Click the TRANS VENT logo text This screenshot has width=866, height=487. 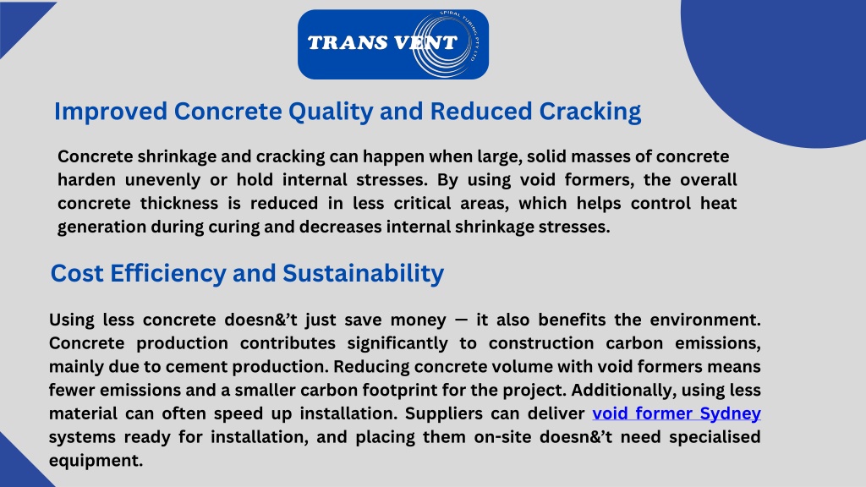pyautogui.click(x=382, y=42)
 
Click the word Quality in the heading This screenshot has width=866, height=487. pyautogui.click(x=331, y=112)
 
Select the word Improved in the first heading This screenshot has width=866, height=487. pyautogui.click(x=111, y=112)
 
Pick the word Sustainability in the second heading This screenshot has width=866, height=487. pyautogui.click(x=363, y=273)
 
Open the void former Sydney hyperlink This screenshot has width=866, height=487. pyautogui.click(x=677, y=413)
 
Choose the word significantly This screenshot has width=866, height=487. pyautogui.click(x=397, y=343)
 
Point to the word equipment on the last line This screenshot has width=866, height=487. pyautogui.click(x=96, y=461)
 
